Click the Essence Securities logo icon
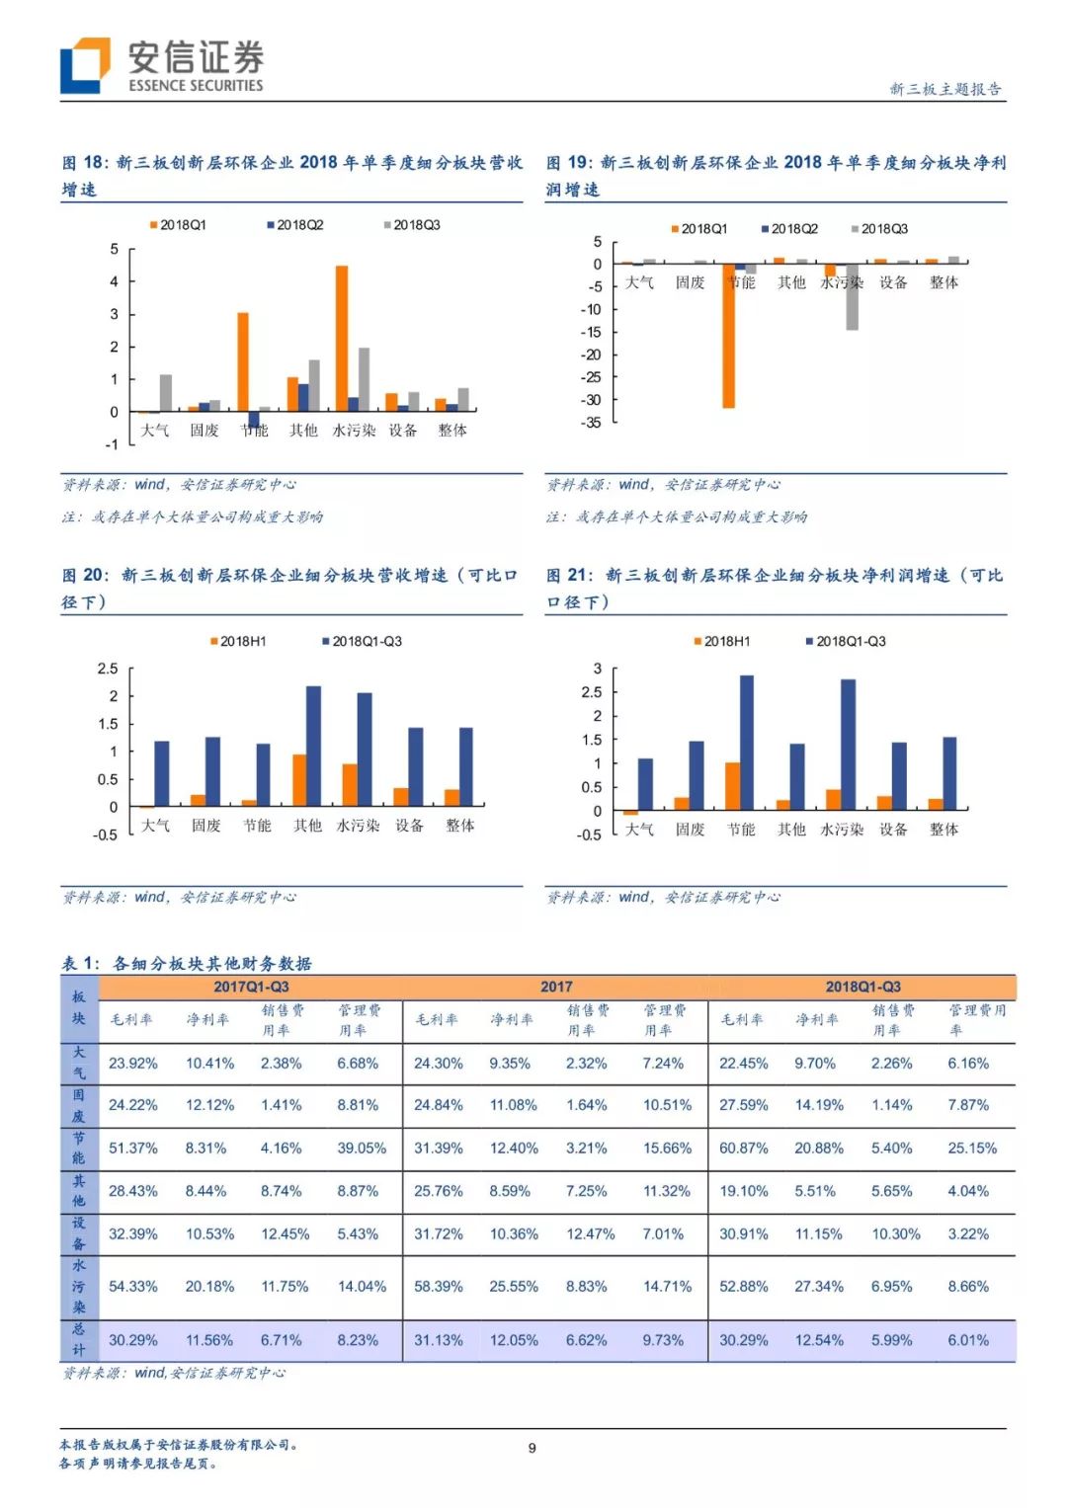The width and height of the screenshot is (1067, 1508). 84,65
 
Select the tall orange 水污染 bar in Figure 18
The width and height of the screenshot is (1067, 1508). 342,338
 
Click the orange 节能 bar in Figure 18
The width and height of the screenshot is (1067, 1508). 243,361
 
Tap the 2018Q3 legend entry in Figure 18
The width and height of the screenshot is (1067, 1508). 412,225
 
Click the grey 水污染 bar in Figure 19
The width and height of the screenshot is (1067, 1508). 852,296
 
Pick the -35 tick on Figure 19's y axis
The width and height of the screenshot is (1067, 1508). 592,423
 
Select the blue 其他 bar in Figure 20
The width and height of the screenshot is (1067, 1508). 313,746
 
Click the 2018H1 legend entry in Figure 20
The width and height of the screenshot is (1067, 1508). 238,642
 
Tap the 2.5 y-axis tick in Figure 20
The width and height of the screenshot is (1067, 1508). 108,670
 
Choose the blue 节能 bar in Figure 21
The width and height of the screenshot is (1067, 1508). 747,743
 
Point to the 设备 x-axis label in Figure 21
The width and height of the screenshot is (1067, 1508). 893,830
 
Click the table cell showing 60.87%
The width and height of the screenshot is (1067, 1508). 744,1149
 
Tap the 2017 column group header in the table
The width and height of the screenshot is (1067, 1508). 556,987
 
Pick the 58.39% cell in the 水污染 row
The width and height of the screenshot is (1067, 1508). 439,1287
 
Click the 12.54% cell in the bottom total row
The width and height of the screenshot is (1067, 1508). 819,1340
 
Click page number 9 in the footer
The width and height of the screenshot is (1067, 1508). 533,1448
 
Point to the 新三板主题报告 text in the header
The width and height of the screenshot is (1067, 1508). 945,89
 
